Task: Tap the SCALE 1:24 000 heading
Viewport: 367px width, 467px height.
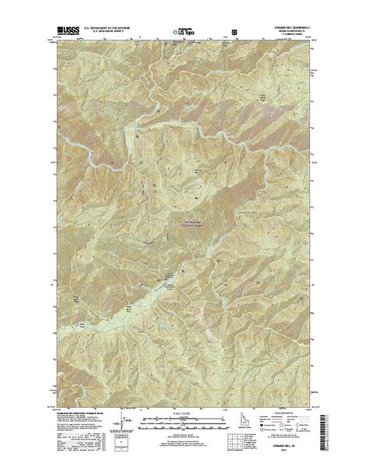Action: (x=182, y=411)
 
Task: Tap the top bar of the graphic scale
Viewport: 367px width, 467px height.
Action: (x=182, y=419)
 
